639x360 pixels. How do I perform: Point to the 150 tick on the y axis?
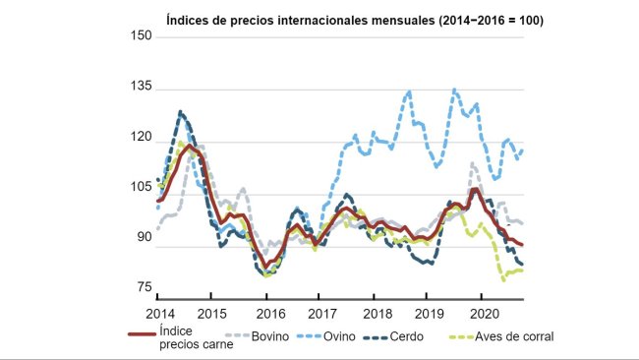tap(142, 37)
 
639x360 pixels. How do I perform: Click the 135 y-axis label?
tap(142, 88)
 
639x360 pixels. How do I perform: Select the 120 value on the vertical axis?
tap(142, 139)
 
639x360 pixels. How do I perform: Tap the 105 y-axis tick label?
tap(142, 188)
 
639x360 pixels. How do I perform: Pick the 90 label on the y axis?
tap(145, 237)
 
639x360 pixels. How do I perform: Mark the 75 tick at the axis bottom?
tap(145, 287)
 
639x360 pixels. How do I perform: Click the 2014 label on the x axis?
tap(159, 312)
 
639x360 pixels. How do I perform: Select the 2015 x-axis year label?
tap(212, 312)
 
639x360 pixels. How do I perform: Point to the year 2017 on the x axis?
tap(321, 312)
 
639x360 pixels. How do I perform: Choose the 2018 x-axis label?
tap(376, 312)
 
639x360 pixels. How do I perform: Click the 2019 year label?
tap(430, 312)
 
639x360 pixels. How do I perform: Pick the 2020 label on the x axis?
tap(484, 312)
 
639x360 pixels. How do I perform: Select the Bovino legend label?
tap(269, 335)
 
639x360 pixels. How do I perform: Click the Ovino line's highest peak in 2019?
tap(454, 90)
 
